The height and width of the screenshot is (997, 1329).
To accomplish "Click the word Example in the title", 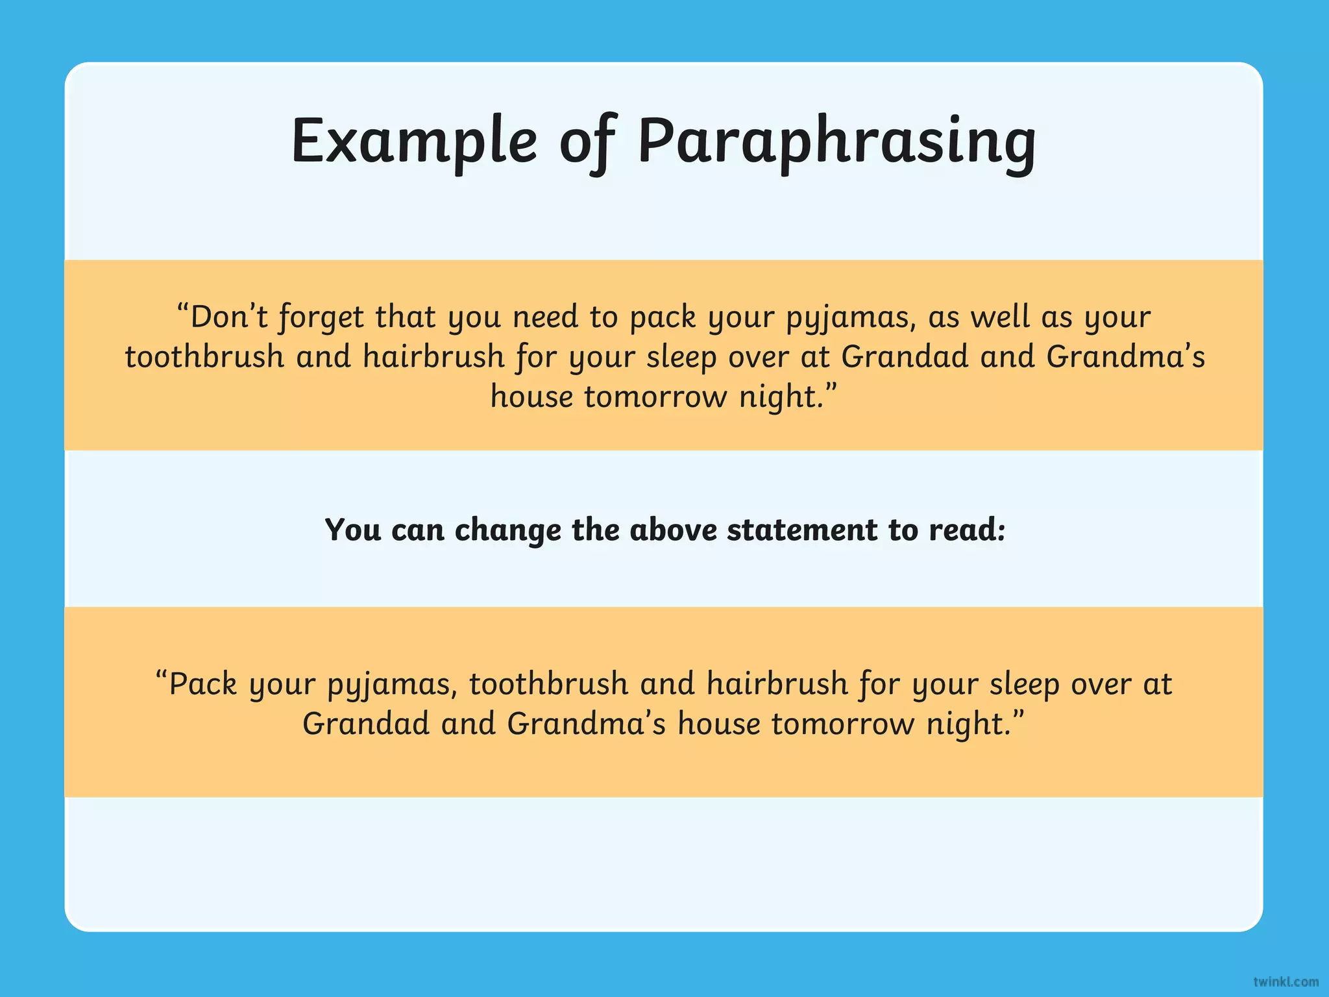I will pos(414,142).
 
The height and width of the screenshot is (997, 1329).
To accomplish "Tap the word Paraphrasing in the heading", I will pos(836,143).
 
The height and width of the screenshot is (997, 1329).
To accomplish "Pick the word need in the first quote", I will pos(545,317).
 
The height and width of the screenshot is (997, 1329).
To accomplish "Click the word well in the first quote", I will pos(1000,317).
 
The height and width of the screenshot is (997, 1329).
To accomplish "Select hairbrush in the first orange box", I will pos(433,356).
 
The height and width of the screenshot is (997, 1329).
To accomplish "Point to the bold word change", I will pos(507,530).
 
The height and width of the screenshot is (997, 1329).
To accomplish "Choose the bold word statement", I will pos(802,529).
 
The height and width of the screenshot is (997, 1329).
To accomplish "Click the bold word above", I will pos(673,529).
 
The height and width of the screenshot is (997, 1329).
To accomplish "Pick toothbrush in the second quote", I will pos(549,683).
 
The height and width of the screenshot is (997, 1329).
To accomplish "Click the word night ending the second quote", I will pos(974,724).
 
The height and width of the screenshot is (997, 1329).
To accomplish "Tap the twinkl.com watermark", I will pos(1286,981).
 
